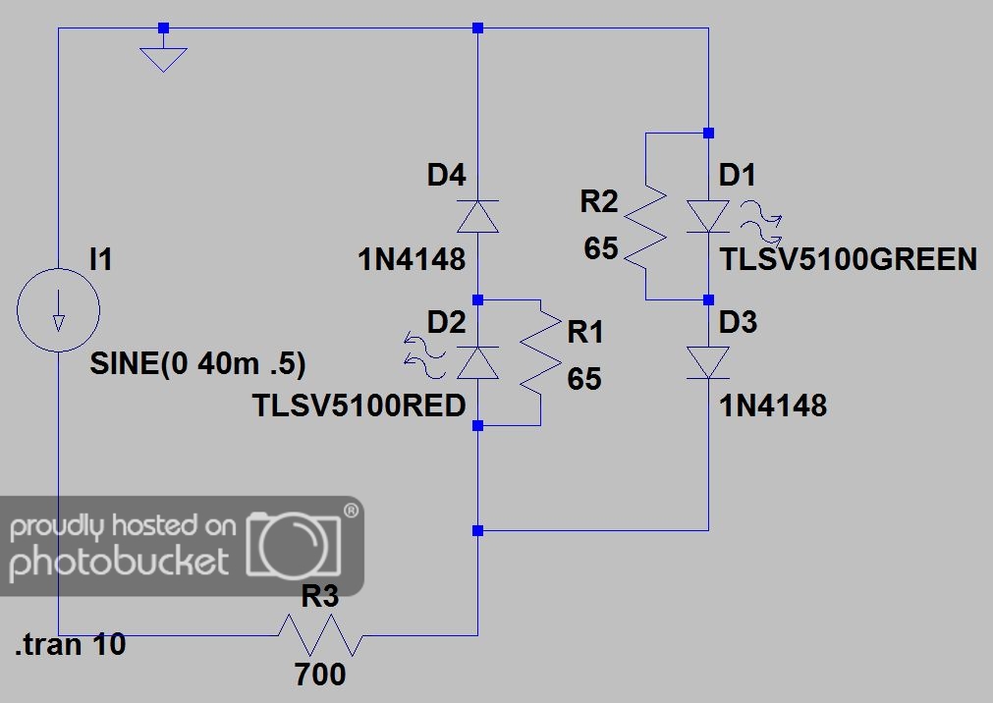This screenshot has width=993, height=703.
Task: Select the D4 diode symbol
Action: click(477, 217)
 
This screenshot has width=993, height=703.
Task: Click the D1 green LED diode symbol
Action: click(708, 217)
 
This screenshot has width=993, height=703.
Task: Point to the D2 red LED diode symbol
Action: click(477, 363)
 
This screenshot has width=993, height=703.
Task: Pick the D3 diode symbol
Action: click(708, 363)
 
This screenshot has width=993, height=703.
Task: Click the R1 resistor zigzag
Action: click(540, 363)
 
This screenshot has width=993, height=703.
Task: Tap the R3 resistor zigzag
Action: click(320, 634)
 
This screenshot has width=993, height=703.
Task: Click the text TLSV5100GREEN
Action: click(849, 259)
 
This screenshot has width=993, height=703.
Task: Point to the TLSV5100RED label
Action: click(359, 406)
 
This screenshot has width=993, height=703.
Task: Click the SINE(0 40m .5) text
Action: click(197, 363)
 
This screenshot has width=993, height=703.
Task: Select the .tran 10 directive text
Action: click(71, 645)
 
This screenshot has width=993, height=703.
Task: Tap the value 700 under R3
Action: click(320, 674)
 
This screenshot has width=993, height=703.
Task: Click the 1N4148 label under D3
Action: click(773, 406)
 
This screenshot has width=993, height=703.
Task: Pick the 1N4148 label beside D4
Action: click(412, 259)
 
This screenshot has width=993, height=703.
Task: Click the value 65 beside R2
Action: click(601, 247)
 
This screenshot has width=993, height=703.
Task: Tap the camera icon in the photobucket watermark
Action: click(294, 545)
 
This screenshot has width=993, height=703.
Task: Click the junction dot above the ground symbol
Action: click(163, 27)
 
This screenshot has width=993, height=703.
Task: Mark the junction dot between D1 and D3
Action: click(708, 299)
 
